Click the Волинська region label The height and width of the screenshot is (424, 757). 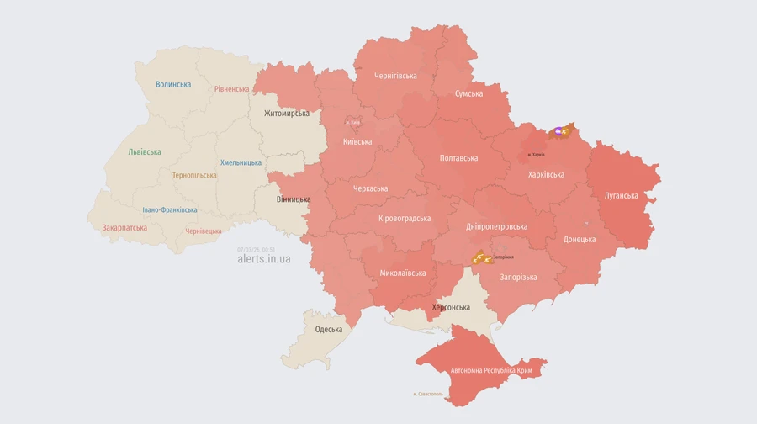[x=173, y=84]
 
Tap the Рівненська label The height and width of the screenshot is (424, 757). [x=231, y=89]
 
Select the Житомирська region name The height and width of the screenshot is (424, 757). [x=286, y=113]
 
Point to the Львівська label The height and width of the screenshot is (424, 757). [x=145, y=152]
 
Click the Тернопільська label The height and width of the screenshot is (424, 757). [x=194, y=175]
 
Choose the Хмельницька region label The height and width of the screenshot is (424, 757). [x=241, y=162]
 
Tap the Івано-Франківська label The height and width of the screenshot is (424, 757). [x=170, y=209]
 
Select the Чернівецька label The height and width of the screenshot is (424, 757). [x=204, y=231]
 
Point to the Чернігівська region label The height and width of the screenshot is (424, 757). [x=395, y=76]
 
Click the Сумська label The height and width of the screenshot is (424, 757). [x=468, y=94]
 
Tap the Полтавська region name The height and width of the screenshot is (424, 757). [x=458, y=157]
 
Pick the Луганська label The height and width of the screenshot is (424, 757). [x=621, y=195]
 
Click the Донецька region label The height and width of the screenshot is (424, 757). [x=580, y=239]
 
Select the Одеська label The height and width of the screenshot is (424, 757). [x=329, y=329]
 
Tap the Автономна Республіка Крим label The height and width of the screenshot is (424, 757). [x=490, y=370]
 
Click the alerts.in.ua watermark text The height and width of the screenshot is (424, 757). [x=264, y=259]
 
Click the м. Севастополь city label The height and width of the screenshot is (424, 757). [x=428, y=394]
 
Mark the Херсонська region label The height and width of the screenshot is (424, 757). [x=451, y=308]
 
